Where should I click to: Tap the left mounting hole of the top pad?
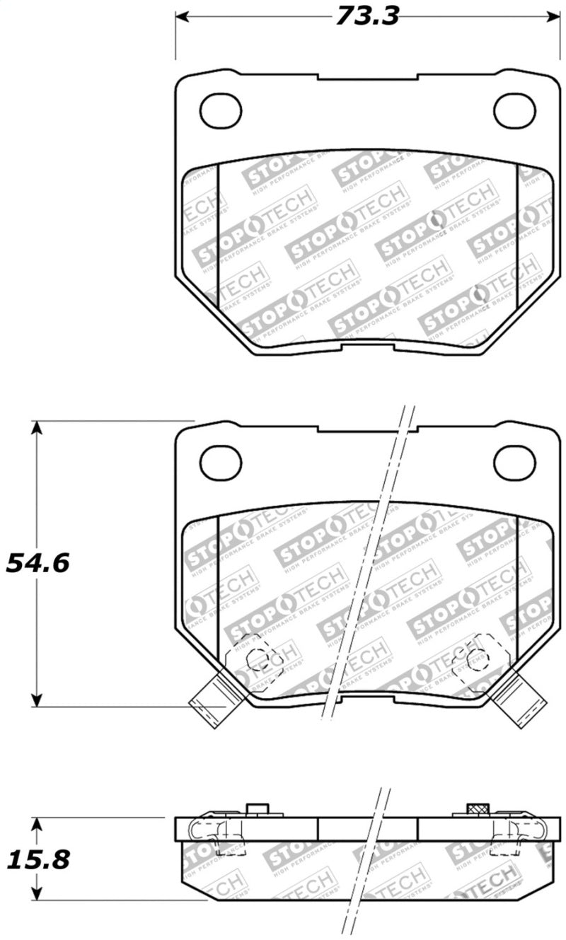click(221, 110)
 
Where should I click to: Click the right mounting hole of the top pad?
click(514, 110)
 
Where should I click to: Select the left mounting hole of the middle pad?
click(221, 463)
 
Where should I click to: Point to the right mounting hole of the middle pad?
click(514, 463)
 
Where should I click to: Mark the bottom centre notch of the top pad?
click(367, 347)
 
